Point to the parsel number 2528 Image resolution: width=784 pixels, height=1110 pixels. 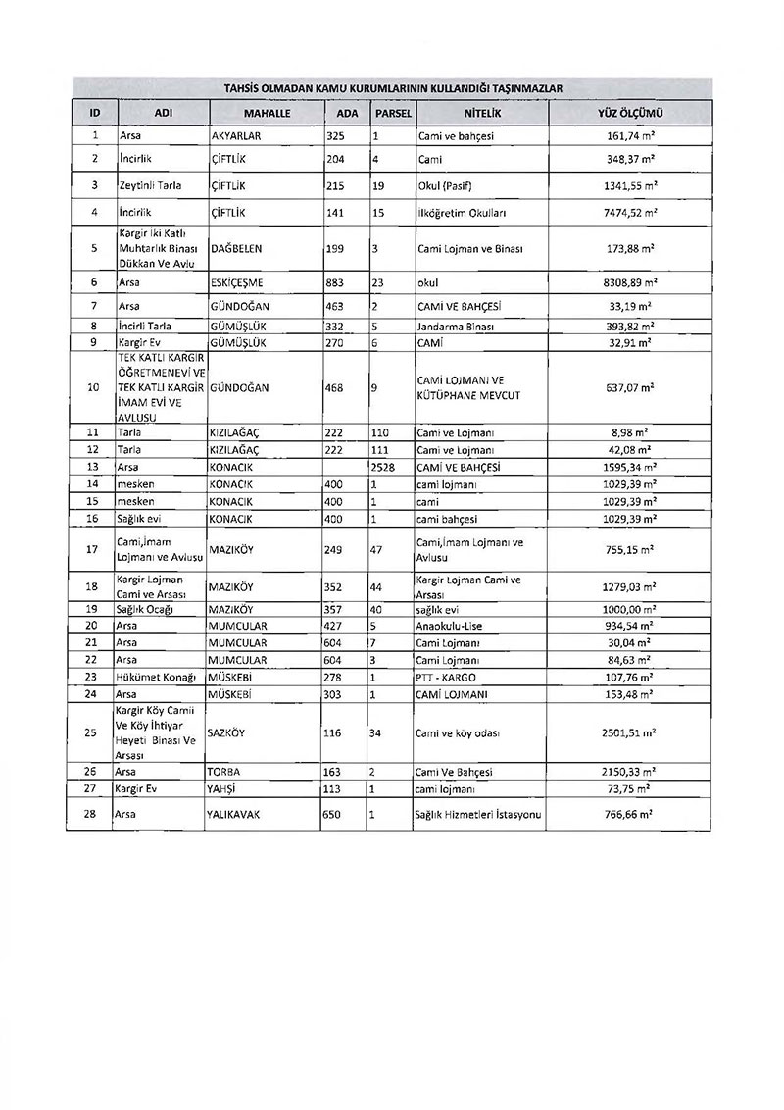coord(383,467)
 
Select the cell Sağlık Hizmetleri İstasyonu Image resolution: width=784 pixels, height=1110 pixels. coord(479,814)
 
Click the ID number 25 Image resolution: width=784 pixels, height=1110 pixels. coord(92,732)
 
